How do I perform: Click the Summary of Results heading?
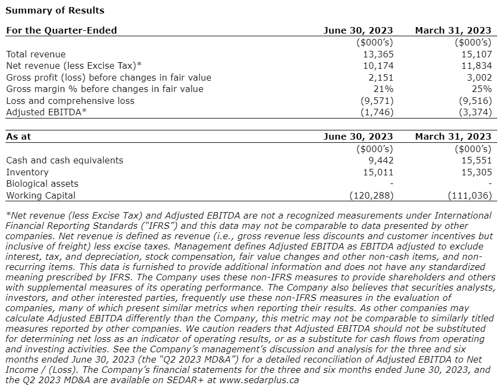tap(55, 10)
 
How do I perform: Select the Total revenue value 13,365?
tap(379, 54)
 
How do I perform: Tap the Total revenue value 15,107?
tap(477, 54)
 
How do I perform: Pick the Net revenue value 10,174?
tap(379, 66)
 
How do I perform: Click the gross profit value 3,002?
tap(479, 77)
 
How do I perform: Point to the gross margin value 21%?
tap(383, 89)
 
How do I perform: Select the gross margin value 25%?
tap(482, 89)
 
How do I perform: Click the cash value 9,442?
tap(381, 160)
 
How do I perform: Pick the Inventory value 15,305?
tap(477, 172)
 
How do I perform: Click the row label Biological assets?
tap(42, 184)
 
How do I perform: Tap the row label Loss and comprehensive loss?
tap(70, 101)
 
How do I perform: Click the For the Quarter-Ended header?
tap(61, 30)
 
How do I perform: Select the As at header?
tap(18, 136)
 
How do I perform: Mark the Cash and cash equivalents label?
tap(64, 160)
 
